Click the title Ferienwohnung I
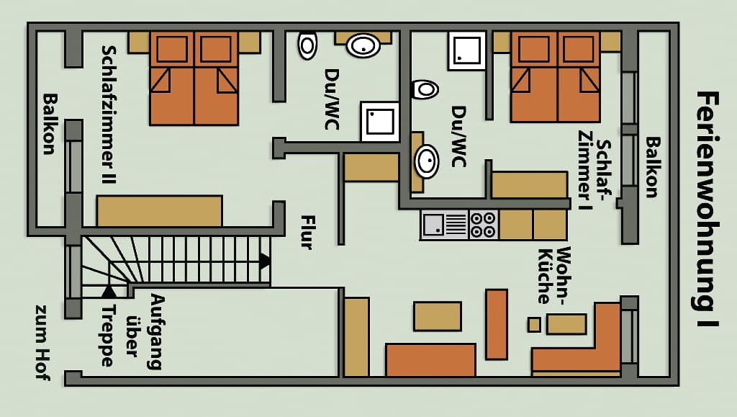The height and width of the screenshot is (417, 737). tap(707, 209)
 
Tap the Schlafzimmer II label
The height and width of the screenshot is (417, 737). tap(109, 115)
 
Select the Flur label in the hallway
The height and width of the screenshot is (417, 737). tap(307, 232)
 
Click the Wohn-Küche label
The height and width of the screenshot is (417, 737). tap(554, 275)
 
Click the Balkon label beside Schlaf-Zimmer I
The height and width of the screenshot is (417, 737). tap(652, 167)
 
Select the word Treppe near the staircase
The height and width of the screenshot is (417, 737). tap(109, 336)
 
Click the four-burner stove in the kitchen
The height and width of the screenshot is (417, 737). tap(483, 225)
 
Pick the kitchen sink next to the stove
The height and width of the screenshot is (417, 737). tap(443, 225)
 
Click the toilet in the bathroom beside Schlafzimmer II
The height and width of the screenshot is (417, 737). tap(307, 45)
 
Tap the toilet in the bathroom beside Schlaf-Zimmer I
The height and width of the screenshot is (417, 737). tap(425, 89)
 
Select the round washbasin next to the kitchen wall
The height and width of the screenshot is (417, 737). tap(427, 161)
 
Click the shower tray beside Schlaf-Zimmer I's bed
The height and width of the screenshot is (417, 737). tap(466, 50)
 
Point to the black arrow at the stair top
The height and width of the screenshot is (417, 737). tap(265, 261)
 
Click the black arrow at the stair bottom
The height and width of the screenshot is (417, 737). tap(109, 292)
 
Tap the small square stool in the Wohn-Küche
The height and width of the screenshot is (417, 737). tap(534, 324)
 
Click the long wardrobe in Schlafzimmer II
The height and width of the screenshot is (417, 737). tap(159, 211)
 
